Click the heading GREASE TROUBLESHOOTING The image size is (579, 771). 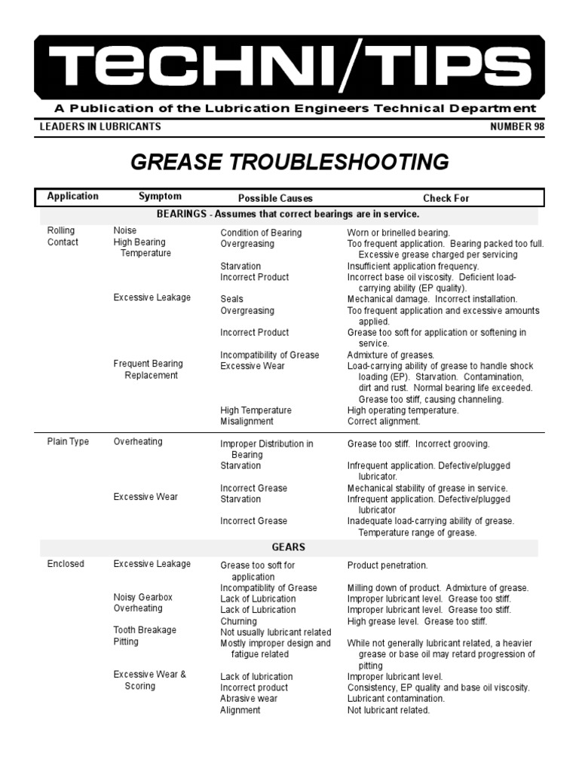[x=290, y=162]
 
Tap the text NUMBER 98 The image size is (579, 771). [x=517, y=126]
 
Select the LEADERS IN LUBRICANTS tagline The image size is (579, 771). [x=100, y=126]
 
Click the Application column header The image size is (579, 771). [x=72, y=197]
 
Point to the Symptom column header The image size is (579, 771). [x=160, y=197]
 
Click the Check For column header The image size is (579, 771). [x=446, y=198]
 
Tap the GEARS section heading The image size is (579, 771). [x=288, y=547]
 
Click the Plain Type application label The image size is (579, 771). [x=68, y=442]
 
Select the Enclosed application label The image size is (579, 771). [x=66, y=564]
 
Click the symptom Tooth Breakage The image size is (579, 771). [x=145, y=630]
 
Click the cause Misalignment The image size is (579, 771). [x=246, y=422]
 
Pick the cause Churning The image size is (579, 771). [x=238, y=621]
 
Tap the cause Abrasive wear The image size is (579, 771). [x=249, y=699]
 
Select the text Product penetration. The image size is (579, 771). [x=388, y=565]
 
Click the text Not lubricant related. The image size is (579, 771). [x=388, y=710]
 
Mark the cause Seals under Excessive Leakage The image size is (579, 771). [x=231, y=299]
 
